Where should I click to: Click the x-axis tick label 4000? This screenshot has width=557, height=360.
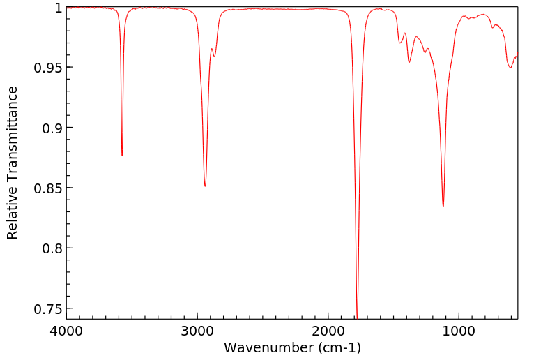point(66,331)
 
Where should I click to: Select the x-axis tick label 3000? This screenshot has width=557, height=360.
point(197,331)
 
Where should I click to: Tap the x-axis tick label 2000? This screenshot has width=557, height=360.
point(328,331)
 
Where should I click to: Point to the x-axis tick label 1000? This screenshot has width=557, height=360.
point(459,331)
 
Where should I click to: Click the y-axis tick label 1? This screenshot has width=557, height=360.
point(59,8)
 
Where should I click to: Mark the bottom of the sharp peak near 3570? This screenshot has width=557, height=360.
point(122,156)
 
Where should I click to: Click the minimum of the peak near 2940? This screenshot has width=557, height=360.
point(205,186)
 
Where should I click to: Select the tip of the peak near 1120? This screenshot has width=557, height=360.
point(443,206)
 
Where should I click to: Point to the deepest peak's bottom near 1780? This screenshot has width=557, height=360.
point(357,317)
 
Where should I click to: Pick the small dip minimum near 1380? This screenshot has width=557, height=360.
point(409,63)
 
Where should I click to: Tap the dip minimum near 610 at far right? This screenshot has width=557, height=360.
point(510,68)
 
